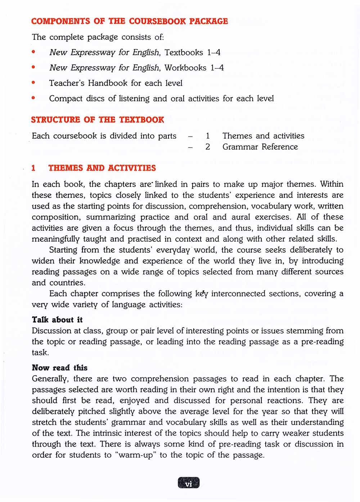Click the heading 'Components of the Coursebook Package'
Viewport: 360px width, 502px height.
click(x=130, y=21)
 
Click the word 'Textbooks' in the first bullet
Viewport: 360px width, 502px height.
click(x=184, y=53)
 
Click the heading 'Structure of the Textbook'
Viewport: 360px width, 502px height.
click(x=98, y=120)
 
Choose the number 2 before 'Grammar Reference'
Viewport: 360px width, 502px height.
click(x=208, y=147)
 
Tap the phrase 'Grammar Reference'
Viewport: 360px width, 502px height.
click(x=260, y=147)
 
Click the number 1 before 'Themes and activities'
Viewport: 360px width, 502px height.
click(x=208, y=136)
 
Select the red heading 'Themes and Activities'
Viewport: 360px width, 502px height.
click(x=102, y=168)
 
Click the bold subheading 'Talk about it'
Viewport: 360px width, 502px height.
click(x=57, y=320)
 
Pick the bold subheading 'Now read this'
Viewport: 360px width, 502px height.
click(x=60, y=367)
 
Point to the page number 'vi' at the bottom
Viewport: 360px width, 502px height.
click(x=188, y=483)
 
